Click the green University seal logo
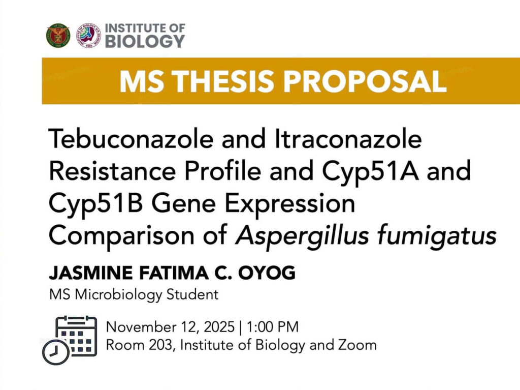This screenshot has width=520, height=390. pyautogui.click(x=58, y=36)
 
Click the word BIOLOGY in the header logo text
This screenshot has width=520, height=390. pyautogui.click(x=145, y=42)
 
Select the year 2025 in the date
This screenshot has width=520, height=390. pyautogui.click(x=218, y=326)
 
